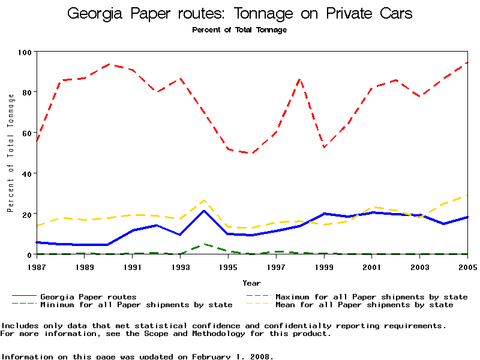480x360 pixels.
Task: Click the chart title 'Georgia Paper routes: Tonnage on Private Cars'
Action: coord(239,14)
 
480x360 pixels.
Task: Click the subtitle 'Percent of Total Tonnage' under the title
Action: coord(239,30)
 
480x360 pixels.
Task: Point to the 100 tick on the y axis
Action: coord(25,52)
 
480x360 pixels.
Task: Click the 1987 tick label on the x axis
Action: coord(36,266)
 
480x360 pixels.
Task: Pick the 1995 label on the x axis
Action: coord(228,266)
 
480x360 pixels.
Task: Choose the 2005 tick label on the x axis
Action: coord(467,266)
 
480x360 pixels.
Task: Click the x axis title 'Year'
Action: coord(251,283)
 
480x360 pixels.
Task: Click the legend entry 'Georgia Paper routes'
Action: coord(88,297)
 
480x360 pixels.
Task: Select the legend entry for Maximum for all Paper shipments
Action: coord(371,297)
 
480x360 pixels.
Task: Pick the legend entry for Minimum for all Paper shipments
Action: coord(136,305)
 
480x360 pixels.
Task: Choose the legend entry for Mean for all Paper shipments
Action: coord(364,305)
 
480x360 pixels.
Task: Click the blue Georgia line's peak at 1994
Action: coord(204,211)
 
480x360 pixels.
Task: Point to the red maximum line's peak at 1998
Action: coord(300,79)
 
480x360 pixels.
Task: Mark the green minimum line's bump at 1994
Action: coord(204,244)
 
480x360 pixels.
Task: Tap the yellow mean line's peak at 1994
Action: coord(204,200)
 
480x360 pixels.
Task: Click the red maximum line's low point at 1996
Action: coord(252,153)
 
